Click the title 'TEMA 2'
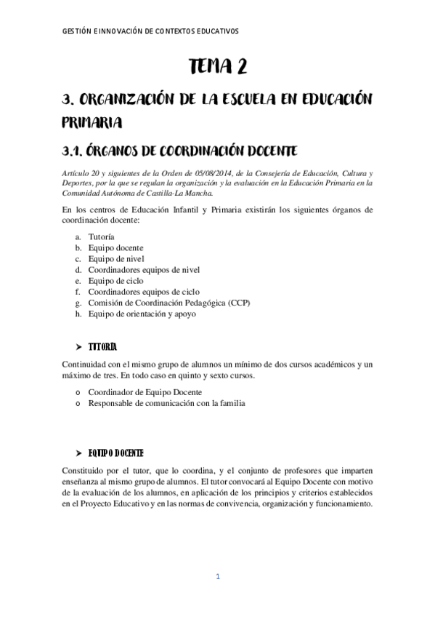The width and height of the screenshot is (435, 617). [x=217, y=68]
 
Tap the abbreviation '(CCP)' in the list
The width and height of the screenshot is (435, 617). [x=235, y=303]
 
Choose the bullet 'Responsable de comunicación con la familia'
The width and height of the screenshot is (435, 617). [x=167, y=402]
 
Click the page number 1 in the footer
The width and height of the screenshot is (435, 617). [x=217, y=577]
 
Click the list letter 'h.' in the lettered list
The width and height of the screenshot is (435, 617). [x=78, y=314]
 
